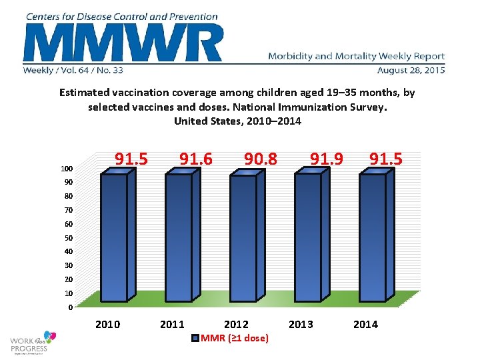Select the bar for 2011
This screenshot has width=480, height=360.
178,237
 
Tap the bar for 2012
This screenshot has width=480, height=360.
243,237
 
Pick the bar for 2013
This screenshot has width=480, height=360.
308,237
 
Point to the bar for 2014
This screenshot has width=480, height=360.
373,237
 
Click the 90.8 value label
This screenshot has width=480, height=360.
261,159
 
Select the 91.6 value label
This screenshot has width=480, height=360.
196,159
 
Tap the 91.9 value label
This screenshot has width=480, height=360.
326,159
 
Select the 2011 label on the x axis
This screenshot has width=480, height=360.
173,325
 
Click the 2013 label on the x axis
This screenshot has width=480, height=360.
301,325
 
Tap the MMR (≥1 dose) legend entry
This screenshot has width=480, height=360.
231,339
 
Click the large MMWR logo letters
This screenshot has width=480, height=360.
123,43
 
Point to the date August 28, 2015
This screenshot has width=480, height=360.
411,70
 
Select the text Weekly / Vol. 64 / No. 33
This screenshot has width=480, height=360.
73,70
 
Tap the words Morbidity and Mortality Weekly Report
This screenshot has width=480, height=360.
356,57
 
